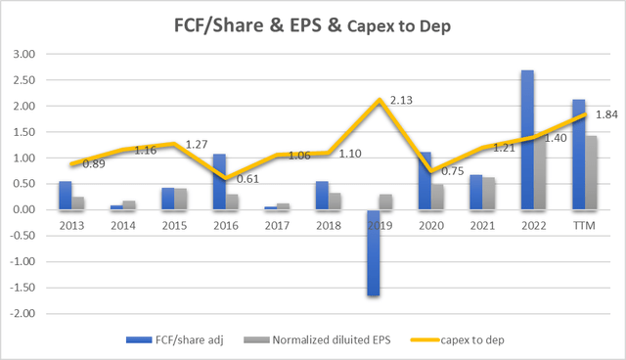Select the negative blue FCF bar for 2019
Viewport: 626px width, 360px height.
[x=374, y=252]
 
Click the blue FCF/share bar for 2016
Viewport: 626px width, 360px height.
[x=219, y=182]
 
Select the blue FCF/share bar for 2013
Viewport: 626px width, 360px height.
[x=65, y=196]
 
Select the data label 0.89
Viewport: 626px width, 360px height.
[x=96, y=164]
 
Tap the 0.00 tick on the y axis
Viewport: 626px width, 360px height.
[x=32, y=210]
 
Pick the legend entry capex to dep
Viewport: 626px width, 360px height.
[x=465, y=339]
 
